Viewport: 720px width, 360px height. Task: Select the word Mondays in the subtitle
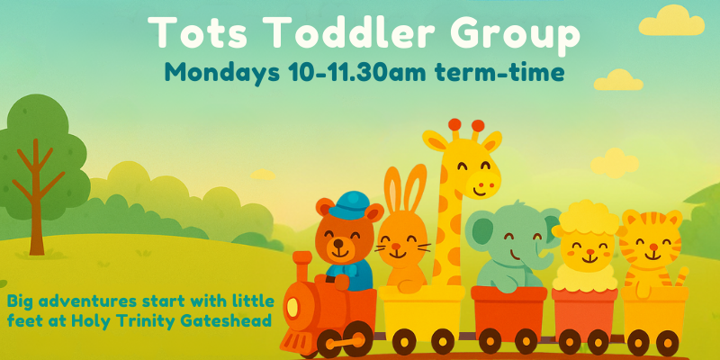pyautogui.click(x=223, y=74)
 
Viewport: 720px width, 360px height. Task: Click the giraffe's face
pyautogui.click(x=475, y=171)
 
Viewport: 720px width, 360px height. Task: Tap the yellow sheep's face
pyautogui.click(x=582, y=247)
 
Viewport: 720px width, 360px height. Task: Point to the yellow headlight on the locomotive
pyautogui.click(x=292, y=309)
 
